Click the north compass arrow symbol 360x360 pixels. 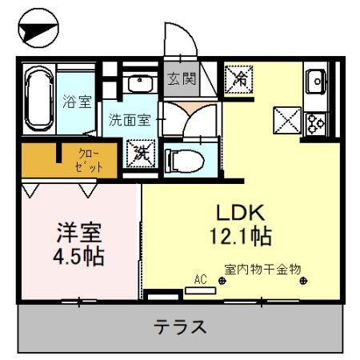tap(38, 30)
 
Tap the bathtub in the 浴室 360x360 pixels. tap(37, 101)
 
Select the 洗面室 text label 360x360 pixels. tap(130, 121)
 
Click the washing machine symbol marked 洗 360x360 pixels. tap(140, 150)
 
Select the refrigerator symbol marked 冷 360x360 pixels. tap(238, 78)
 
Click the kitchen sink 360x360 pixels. tap(313, 81)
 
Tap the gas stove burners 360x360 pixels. tap(314, 122)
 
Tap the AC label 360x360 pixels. tap(200, 279)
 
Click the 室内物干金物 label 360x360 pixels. tap(262, 270)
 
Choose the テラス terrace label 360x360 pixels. tap(181, 327)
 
